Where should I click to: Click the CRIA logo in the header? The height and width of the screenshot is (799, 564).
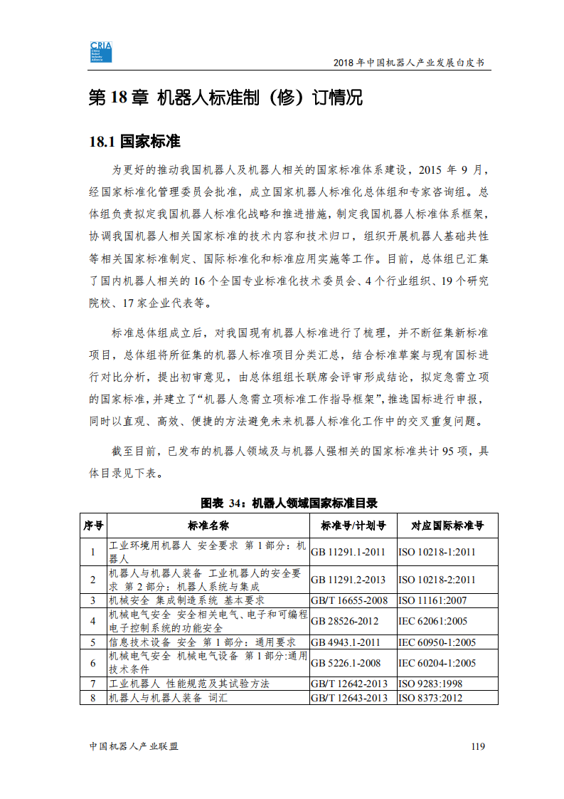click(x=102, y=52)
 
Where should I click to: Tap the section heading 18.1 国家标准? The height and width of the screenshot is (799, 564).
click(x=134, y=140)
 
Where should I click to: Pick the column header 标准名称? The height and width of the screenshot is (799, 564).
click(x=208, y=526)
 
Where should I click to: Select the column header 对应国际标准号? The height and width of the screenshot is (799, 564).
click(x=447, y=526)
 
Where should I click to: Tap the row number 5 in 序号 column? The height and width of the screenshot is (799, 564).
click(x=92, y=642)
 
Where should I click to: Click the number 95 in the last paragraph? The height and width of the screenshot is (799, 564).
click(x=449, y=451)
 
